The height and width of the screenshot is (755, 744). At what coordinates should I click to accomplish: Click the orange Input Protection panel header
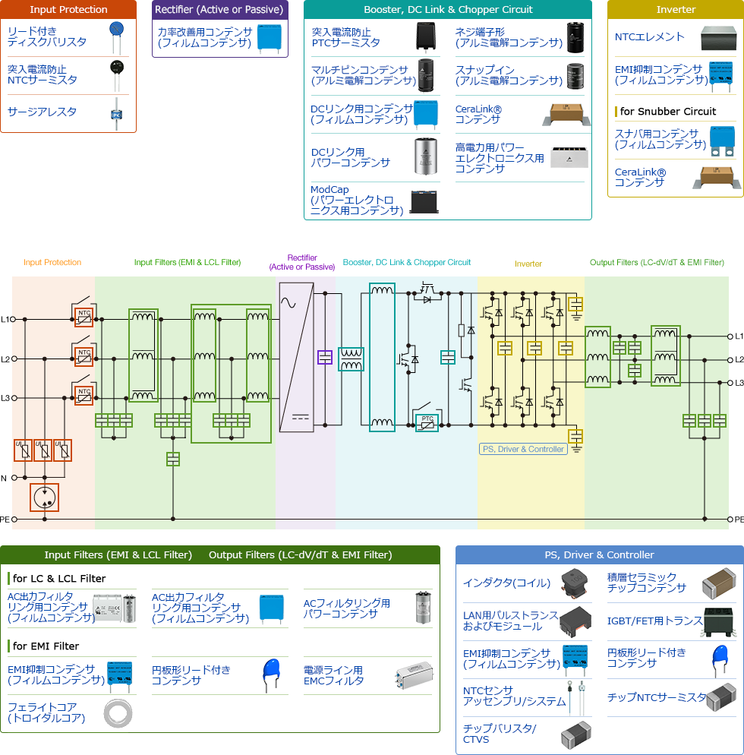[68, 10]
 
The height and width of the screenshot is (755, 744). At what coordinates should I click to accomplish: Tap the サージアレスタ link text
[42, 112]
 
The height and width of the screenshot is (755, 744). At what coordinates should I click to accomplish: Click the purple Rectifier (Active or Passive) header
[219, 10]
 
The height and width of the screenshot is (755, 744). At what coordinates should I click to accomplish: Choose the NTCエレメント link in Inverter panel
[649, 36]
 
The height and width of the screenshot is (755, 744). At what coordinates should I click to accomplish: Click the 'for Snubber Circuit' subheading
[667, 111]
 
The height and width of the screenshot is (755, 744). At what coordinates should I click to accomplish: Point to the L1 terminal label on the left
[5, 319]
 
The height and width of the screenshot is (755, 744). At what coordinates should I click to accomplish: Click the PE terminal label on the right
[739, 520]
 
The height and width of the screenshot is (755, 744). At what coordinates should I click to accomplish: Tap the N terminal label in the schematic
[4, 478]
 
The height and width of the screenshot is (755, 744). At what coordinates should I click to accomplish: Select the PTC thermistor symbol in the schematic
[427, 422]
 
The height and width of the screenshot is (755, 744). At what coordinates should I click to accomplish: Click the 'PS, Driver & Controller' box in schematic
[524, 449]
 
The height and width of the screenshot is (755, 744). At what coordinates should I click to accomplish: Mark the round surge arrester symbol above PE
[45, 497]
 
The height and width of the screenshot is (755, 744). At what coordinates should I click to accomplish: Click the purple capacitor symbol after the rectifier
[325, 357]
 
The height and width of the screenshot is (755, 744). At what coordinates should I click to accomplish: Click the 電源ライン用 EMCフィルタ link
[333, 675]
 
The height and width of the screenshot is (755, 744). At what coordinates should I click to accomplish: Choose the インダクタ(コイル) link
[506, 583]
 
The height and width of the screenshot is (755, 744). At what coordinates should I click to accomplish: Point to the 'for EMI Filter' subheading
[46, 646]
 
